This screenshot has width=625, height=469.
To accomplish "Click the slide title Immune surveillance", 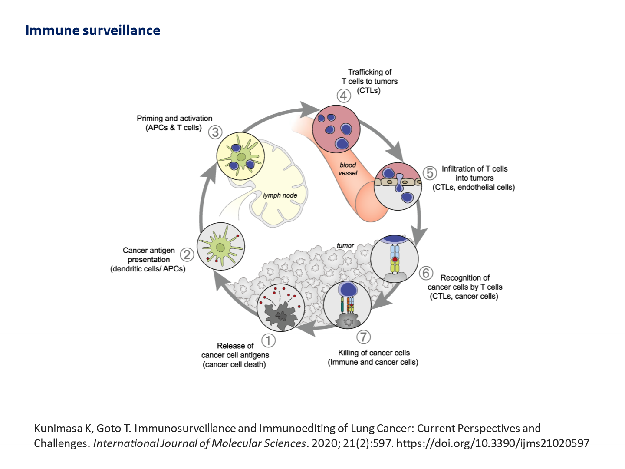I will [x=93, y=30].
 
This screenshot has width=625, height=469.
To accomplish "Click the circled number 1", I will [x=269, y=340].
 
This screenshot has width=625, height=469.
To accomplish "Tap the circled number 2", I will [x=187, y=254].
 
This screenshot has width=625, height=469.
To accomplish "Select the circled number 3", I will [x=215, y=132].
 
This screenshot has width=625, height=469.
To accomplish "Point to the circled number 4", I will [x=344, y=96].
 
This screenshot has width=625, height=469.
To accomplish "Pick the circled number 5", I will [x=429, y=173].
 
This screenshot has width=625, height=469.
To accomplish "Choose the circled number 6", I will [x=426, y=273].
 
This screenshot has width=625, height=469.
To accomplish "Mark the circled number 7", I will [x=363, y=337].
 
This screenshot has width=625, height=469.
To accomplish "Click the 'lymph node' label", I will [x=280, y=195].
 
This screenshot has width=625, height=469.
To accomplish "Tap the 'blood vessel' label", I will [x=348, y=169].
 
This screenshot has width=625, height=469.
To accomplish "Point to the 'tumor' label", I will [x=345, y=246].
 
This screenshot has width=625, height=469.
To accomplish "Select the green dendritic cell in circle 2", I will [x=221, y=247].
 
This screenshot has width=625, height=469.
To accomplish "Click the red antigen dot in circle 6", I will [x=395, y=259].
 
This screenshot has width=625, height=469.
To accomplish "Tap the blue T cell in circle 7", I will [x=348, y=289].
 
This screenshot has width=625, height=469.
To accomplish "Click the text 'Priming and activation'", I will [x=174, y=118].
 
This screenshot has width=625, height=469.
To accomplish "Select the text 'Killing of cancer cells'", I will [x=374, y=353].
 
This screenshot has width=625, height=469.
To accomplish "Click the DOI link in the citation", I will [x=493, y=443].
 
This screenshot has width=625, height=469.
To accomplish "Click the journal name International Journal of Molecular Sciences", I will [x=200, y=443].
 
